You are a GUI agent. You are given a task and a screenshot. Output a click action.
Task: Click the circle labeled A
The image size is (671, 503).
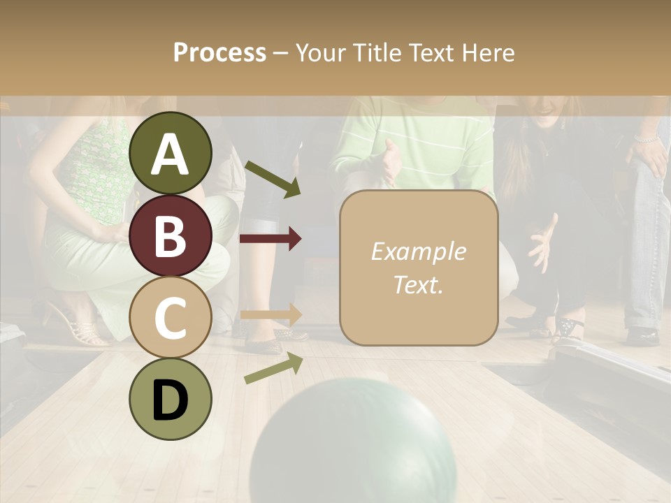coord(171,153)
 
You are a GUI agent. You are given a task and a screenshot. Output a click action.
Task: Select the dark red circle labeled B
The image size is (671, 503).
coord(171,235)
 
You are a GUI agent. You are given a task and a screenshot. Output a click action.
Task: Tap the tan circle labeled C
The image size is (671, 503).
coord(171,317)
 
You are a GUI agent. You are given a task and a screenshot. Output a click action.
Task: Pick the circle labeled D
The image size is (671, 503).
coord(171,399)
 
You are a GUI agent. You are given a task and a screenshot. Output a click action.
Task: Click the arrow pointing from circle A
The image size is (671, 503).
coord(273,179)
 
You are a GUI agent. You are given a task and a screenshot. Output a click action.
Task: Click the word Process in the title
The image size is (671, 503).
coord(219,52)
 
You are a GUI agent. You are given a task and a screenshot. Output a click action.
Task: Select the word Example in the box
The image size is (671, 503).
coord(418,251)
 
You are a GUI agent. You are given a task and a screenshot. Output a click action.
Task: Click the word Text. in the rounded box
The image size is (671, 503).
coord(418,284)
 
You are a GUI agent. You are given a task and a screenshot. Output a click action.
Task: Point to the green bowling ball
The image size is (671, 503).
coord(353,444)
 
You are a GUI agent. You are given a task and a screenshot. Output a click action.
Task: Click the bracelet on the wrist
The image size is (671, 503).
coord(647,139)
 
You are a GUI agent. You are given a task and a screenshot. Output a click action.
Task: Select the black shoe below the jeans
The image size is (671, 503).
coord(642,336)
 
